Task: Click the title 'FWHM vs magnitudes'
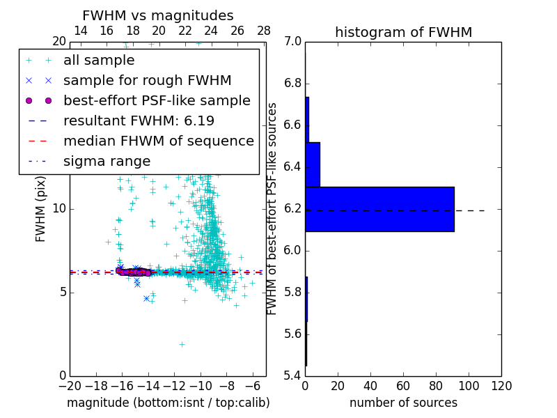[x=158, y=15]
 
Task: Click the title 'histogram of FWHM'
[x=403, y=32]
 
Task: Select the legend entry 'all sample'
[x=99, y=61]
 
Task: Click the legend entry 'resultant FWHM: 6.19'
[x=139, y=121]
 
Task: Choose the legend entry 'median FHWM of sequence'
[x=159, y=141]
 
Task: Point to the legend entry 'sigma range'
[x=107, y=161]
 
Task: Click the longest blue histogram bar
[x=379, y=209]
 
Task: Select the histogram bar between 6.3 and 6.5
[x=313, y=164]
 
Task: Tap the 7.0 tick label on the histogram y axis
[x=292, y=42]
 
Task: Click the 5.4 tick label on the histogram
[x=292, y=376]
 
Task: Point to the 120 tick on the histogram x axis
[x=501, y=386]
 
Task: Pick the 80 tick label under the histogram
[x=436, y=386]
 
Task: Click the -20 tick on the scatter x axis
[x=70, y=386]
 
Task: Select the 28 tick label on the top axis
[x=264, y=31]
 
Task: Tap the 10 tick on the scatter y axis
[x=58, y=209]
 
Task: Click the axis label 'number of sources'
[x=403, y=403]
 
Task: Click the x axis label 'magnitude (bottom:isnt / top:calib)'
[x=168, y=403]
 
